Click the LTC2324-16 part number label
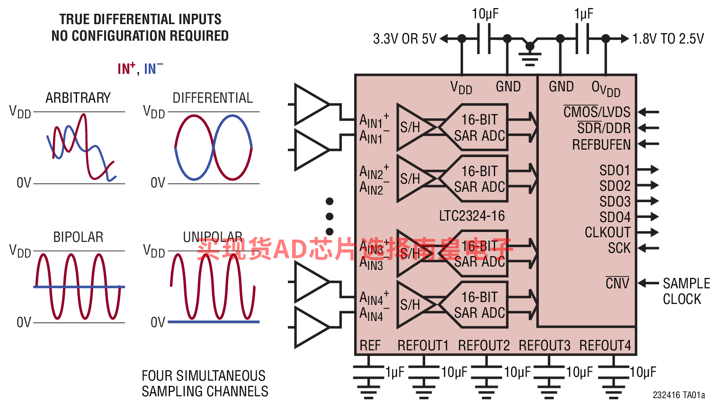coord(472,216)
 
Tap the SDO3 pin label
coord(615,202)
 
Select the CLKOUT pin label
coord(607,232)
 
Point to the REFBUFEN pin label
coord(601,144)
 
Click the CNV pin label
coord(617,284)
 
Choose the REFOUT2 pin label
coord(484,346)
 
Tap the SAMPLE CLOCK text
coord(686,291)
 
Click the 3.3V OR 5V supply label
coord(405,39)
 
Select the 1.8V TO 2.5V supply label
coord(668,39)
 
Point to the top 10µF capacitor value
coord(485,14)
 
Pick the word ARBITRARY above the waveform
coord(78,98)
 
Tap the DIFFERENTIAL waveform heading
coord(213,98)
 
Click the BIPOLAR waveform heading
coord(78,237)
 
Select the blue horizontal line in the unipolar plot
coord(214,322)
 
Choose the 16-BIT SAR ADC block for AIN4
coord(479,305)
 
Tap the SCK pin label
coord(619,248)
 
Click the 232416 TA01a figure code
coord(678,395)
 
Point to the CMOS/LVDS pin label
coord(597,112)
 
